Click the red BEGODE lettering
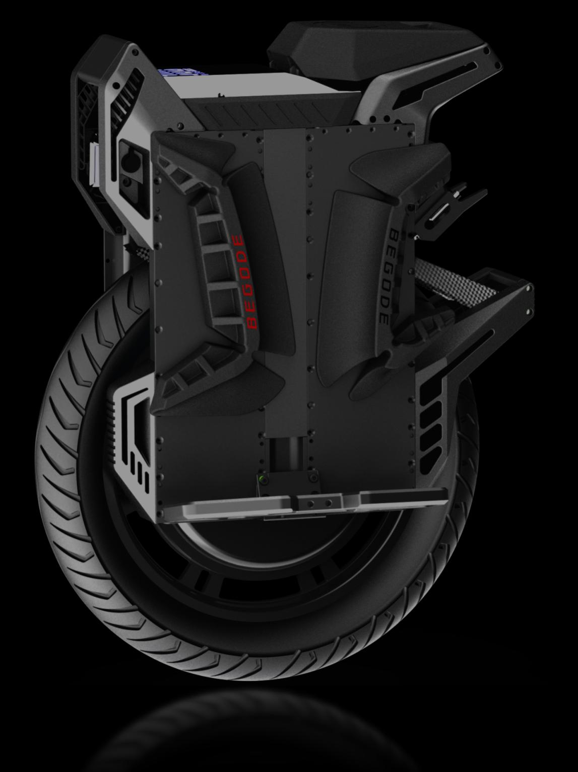[x=244, y=282]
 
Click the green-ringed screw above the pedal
[x=262, y=479]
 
